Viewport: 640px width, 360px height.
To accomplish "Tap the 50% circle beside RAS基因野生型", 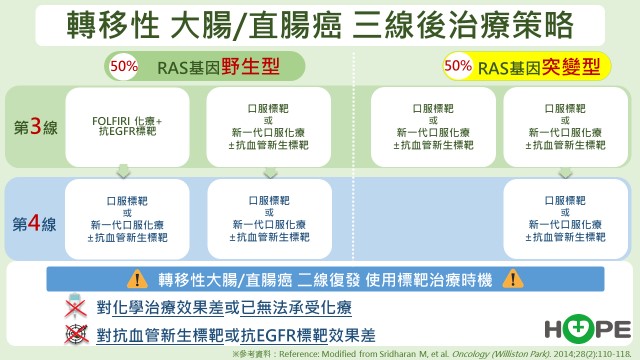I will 123,68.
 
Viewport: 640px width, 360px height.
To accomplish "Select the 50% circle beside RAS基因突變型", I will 458,66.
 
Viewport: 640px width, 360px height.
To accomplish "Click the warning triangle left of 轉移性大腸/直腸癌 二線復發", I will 136,280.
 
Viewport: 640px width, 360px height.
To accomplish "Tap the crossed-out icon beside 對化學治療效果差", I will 72,307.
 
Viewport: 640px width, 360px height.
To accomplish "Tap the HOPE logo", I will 587,328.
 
